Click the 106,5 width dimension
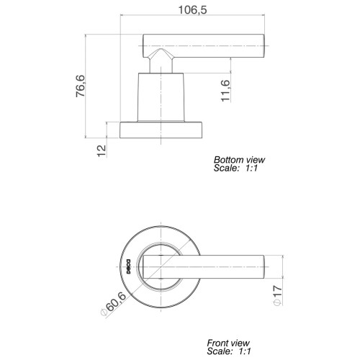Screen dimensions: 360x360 click(x=192, y=10)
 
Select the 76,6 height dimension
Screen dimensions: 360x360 click(x=81, y=86)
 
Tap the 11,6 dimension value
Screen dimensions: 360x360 click(x=225, y=91)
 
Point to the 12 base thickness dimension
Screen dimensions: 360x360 click(x=102, y=150)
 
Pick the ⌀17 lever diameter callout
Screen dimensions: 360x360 click(x=278, y=295)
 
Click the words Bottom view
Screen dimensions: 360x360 click(x=239, y=160)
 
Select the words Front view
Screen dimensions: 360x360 click(x=228, y=343)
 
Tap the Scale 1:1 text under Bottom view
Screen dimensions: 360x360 click(x=235, y=168)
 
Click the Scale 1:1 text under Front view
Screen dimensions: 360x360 click(x=229, y=351)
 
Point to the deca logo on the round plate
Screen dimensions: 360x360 click(x=128, y=266)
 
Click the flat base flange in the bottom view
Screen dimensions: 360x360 click(x=161, y=130)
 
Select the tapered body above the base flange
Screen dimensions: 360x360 click(x=161, y=97)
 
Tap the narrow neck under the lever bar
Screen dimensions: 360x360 click(x=161, y=65)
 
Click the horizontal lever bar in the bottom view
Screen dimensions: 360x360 click(x=204, y=46)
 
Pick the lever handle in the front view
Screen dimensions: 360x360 click(x=204, y=267)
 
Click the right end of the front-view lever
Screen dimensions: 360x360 click(x=264, y=267)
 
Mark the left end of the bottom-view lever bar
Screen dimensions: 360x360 click(x=143, y=46)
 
